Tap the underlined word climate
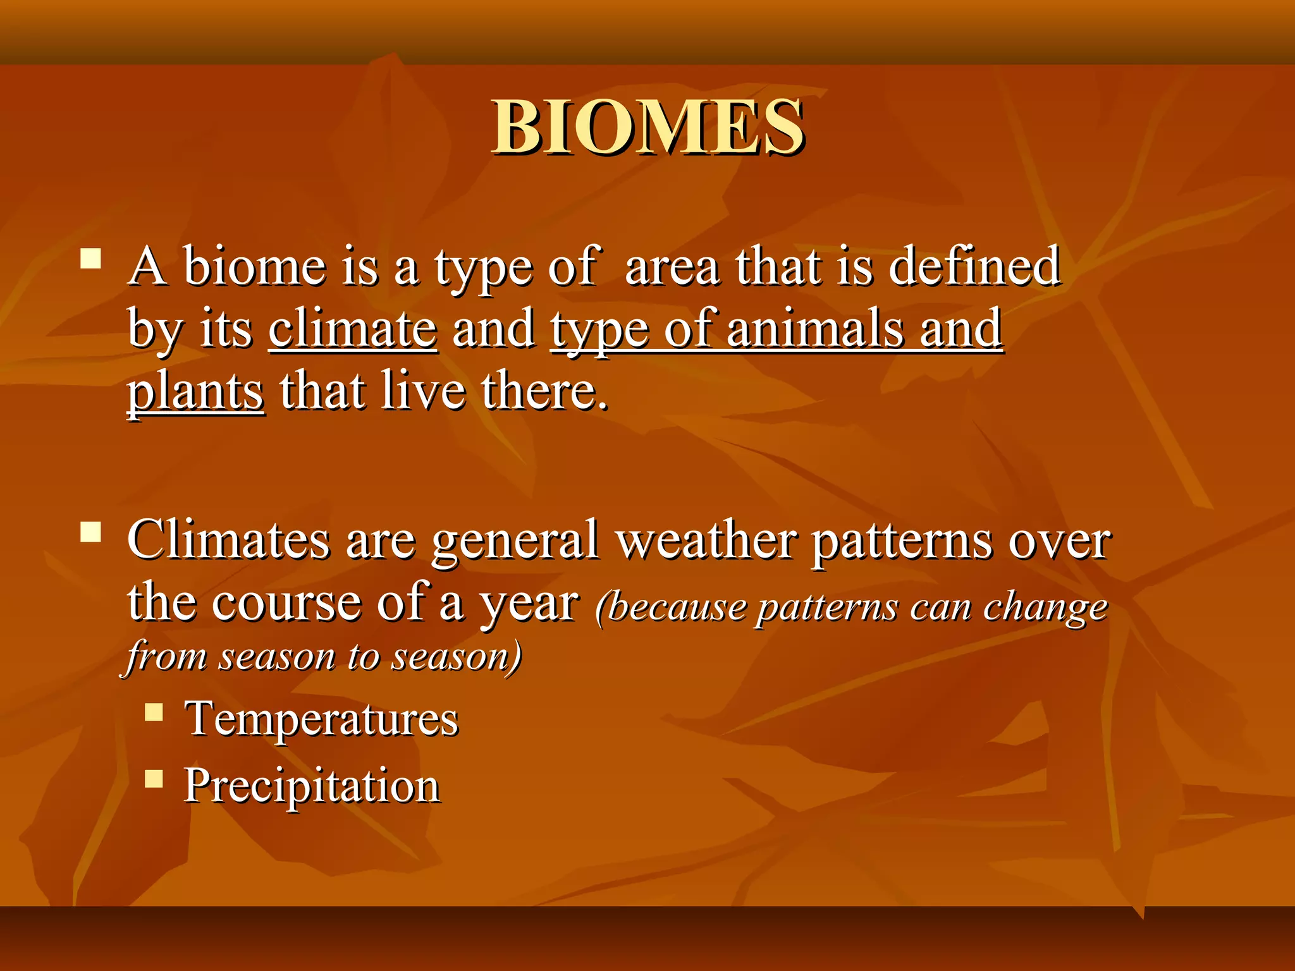[x=352, y=330]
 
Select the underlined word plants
[x=195, y=393]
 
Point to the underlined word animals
[x=814, y=330]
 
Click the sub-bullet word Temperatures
[x=321, y=719]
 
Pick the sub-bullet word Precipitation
[x=311, y=785]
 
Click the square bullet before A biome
[x=91, y=259]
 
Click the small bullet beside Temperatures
[x=154, y=712]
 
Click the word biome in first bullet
[x=254, y=266]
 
